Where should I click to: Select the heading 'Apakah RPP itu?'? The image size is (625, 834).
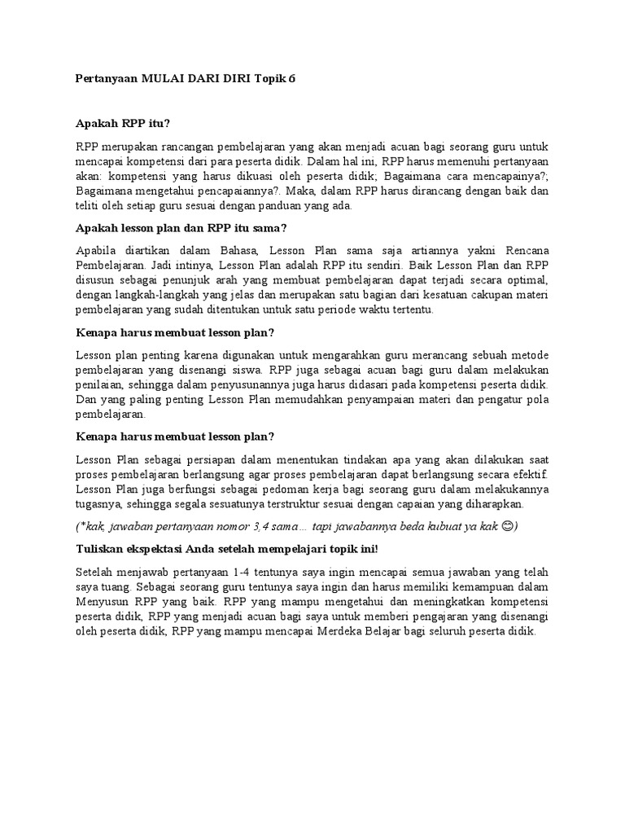coord(122,124)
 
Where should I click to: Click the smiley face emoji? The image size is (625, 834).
coord(509,525)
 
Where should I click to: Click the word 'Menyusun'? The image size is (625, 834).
coord(99,604)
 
